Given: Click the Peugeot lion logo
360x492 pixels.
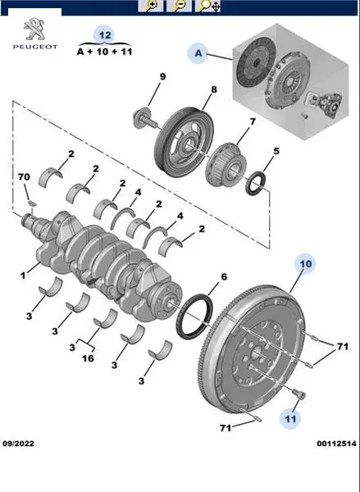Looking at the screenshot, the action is click(34, 30).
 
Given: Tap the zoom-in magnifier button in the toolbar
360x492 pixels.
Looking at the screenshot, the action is click(151, 6).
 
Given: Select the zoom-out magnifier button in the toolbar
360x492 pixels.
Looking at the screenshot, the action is click(179, 6).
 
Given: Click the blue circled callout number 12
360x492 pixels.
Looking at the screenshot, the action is click(105, 34).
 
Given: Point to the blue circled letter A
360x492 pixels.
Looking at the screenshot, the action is click(198, 53).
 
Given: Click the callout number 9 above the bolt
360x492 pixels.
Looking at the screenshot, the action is click(162, 76).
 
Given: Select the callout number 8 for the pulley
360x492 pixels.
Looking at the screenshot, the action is click(213, 89).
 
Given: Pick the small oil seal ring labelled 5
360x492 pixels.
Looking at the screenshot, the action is click(256, 183).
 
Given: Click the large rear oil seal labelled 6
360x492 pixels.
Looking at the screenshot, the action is click(194, 317).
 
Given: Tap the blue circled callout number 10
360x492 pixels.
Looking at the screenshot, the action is click(305, 263).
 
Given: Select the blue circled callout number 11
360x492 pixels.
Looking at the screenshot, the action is click(290, 418).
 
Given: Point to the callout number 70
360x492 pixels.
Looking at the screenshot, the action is click(24, 177).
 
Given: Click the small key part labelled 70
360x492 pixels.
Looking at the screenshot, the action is click(31, 203).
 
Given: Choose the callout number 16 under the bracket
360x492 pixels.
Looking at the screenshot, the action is click(89, 358).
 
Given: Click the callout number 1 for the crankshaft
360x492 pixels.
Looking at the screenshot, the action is click(23, 276).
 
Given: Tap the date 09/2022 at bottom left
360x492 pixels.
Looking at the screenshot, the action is click(18, 444).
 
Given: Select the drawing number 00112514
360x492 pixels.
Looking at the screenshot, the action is click(336, 444).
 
